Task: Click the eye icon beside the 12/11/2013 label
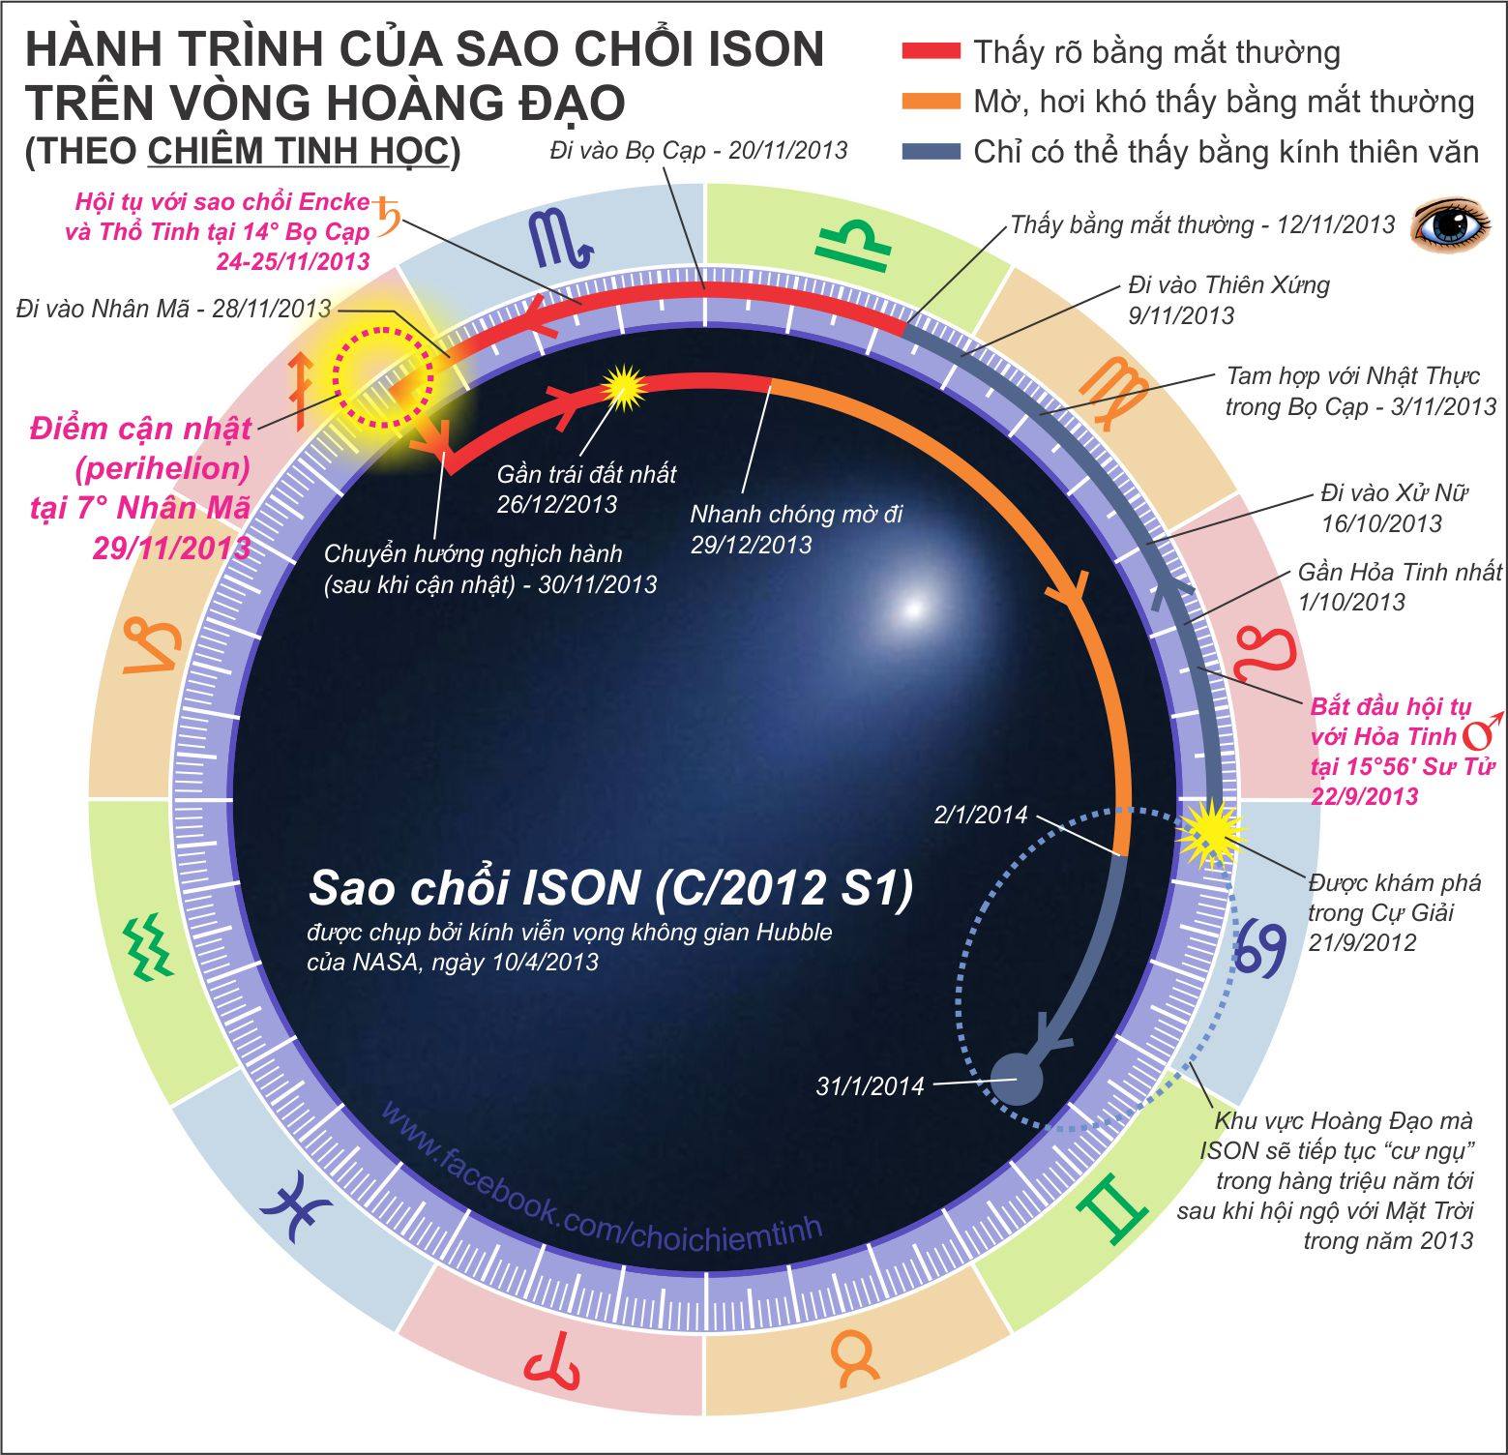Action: coord(1451,225)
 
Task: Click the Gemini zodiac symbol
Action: coord(1117,1205)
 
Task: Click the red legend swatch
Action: coord(931,51)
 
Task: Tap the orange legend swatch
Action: coord(931,102)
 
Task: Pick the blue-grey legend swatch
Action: coord(931,152)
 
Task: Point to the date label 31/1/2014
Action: coord(870,1086)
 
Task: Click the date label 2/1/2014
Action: coord(980,815)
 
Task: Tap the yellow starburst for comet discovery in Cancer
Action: coord(1208,832)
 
